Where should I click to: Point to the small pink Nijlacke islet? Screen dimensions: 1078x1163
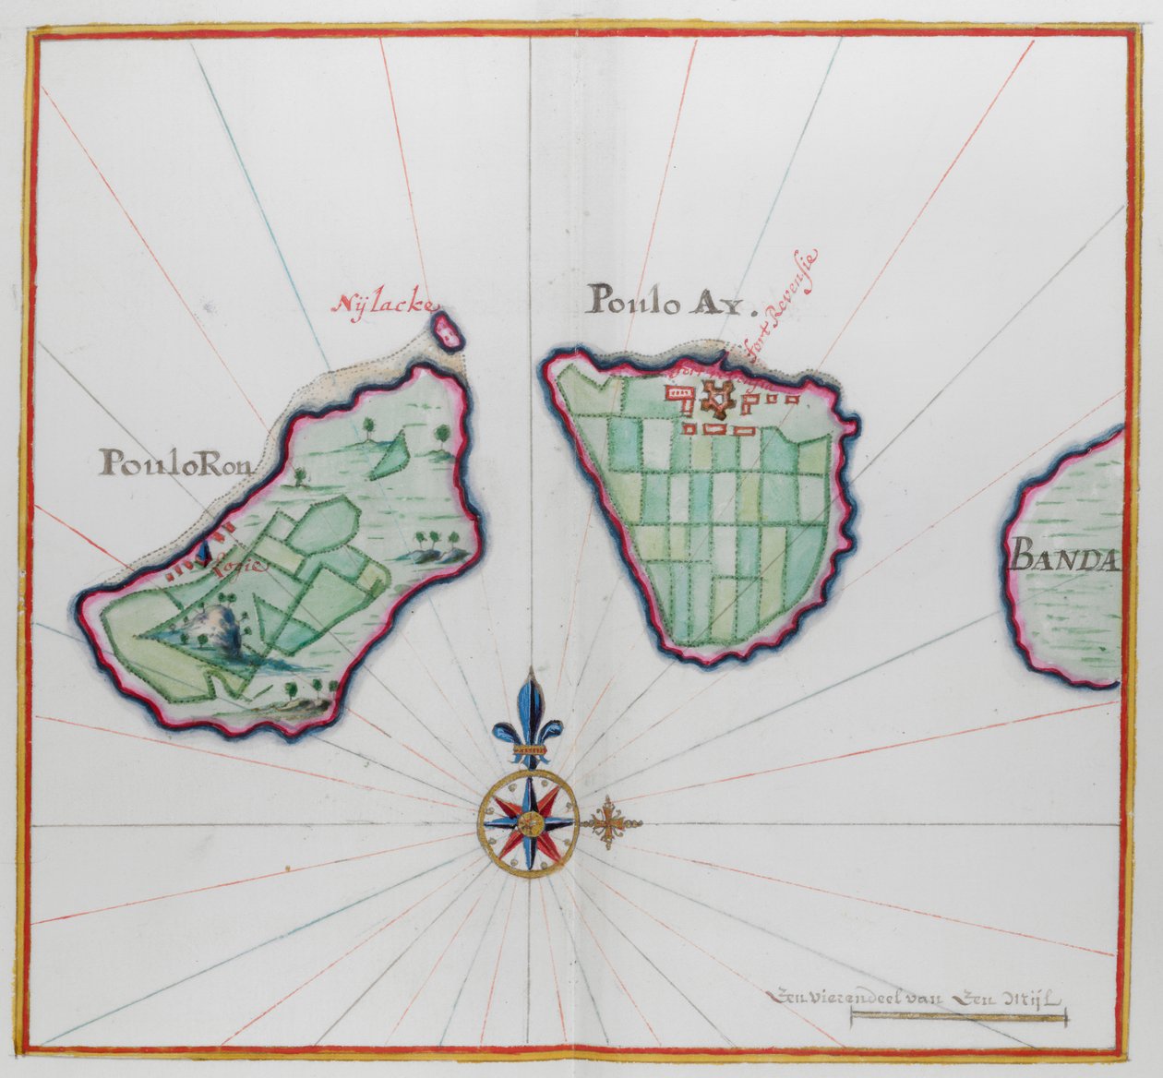click(449, 329)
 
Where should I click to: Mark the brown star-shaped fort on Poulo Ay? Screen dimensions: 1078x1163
click(715, 398)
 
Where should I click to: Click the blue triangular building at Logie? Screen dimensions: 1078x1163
click(204, 554)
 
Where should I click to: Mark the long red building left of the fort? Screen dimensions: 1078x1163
click(682, 393)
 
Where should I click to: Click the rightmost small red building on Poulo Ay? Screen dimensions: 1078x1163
click(794, 400)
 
